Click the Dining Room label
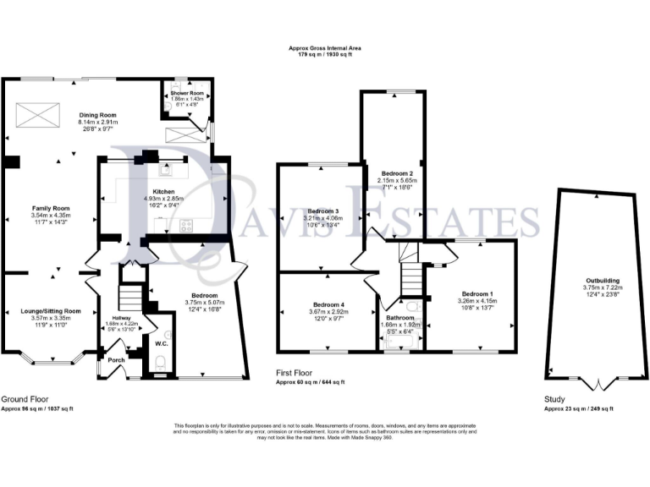97,115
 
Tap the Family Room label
51,208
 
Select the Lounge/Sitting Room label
49,310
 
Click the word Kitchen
163,191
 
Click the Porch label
116,358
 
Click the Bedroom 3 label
323,211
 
